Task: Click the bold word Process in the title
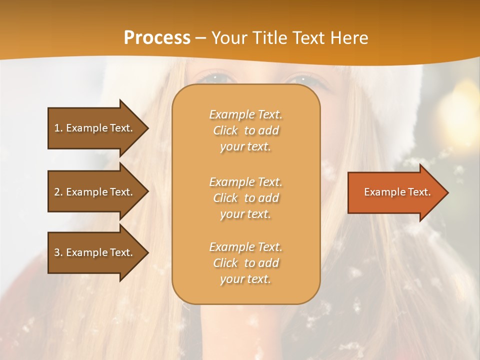pos(157,38)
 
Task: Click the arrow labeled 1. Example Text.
pos(95,128)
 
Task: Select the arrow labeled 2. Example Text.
pos(95,192)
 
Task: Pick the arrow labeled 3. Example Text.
pos(95,252)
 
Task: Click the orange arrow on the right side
pos(395,192)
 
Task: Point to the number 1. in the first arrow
pos(58,128)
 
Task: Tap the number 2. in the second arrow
pos(58,192)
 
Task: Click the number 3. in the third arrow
pos(58,252)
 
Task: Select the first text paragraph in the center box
pos(245,130)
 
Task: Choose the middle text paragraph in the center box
pos(245,198)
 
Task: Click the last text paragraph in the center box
pos(245,263)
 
